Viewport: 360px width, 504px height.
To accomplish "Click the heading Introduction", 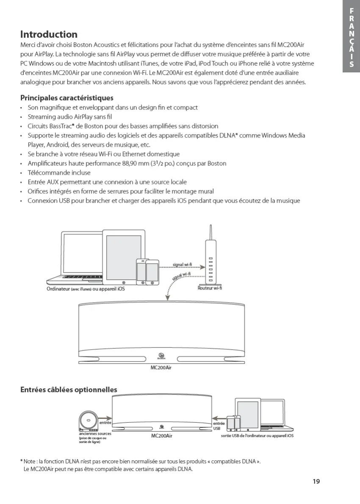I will (49, 34).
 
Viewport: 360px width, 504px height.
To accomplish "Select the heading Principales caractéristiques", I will (67, 98).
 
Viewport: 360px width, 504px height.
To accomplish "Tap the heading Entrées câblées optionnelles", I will (69, 389).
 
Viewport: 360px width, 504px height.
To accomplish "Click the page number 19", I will (316, 481).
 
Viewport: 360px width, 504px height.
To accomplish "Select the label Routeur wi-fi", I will (210, 288).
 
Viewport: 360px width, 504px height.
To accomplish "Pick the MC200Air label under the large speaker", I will (161, 367).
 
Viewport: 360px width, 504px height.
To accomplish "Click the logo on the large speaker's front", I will (161, 356).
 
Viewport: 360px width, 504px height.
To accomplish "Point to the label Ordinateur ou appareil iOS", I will (86, 289).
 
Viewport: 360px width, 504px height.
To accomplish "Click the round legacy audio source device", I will (88, 421).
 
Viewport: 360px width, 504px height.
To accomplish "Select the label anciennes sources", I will (95, 433).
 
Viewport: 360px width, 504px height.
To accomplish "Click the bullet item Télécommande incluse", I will (59, 173).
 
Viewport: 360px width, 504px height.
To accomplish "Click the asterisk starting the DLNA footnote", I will (22, 461).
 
